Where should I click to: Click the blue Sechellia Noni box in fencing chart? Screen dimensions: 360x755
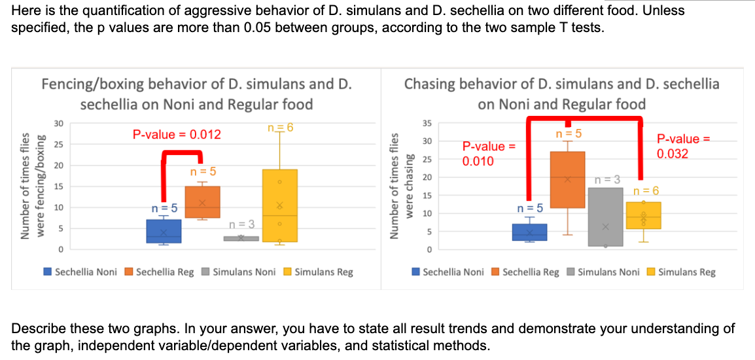164,231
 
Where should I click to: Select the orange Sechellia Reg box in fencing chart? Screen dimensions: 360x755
202,202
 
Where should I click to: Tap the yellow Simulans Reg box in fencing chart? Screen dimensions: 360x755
279,206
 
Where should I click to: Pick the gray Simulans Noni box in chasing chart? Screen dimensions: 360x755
605,217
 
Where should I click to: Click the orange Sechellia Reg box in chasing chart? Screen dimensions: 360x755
567,179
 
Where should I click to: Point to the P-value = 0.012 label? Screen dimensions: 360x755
177,135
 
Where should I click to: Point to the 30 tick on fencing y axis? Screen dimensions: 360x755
59,124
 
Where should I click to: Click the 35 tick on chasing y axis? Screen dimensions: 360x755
428,123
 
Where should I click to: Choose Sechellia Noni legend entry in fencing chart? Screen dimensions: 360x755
80,272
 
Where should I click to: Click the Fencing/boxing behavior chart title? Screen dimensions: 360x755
196,94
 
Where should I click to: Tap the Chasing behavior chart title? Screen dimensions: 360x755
561,94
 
